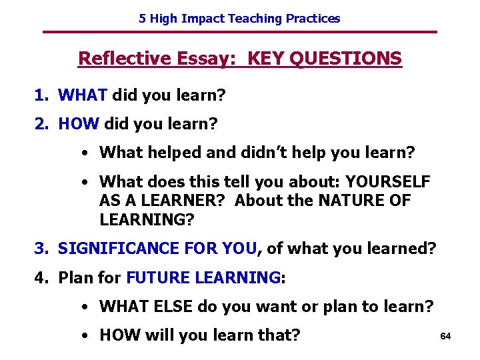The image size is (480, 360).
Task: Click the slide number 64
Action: click(x=446, y=336)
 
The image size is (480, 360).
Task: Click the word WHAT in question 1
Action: click(x=83, y=95)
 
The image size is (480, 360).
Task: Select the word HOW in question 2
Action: click(x=79, y=123)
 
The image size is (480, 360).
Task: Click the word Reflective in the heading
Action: click(x=124, y=59)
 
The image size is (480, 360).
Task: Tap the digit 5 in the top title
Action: click(x=142, y=19)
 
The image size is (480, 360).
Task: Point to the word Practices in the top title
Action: click(x=313, y=19)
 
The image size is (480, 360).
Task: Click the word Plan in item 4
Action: click(x=75, y=277)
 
